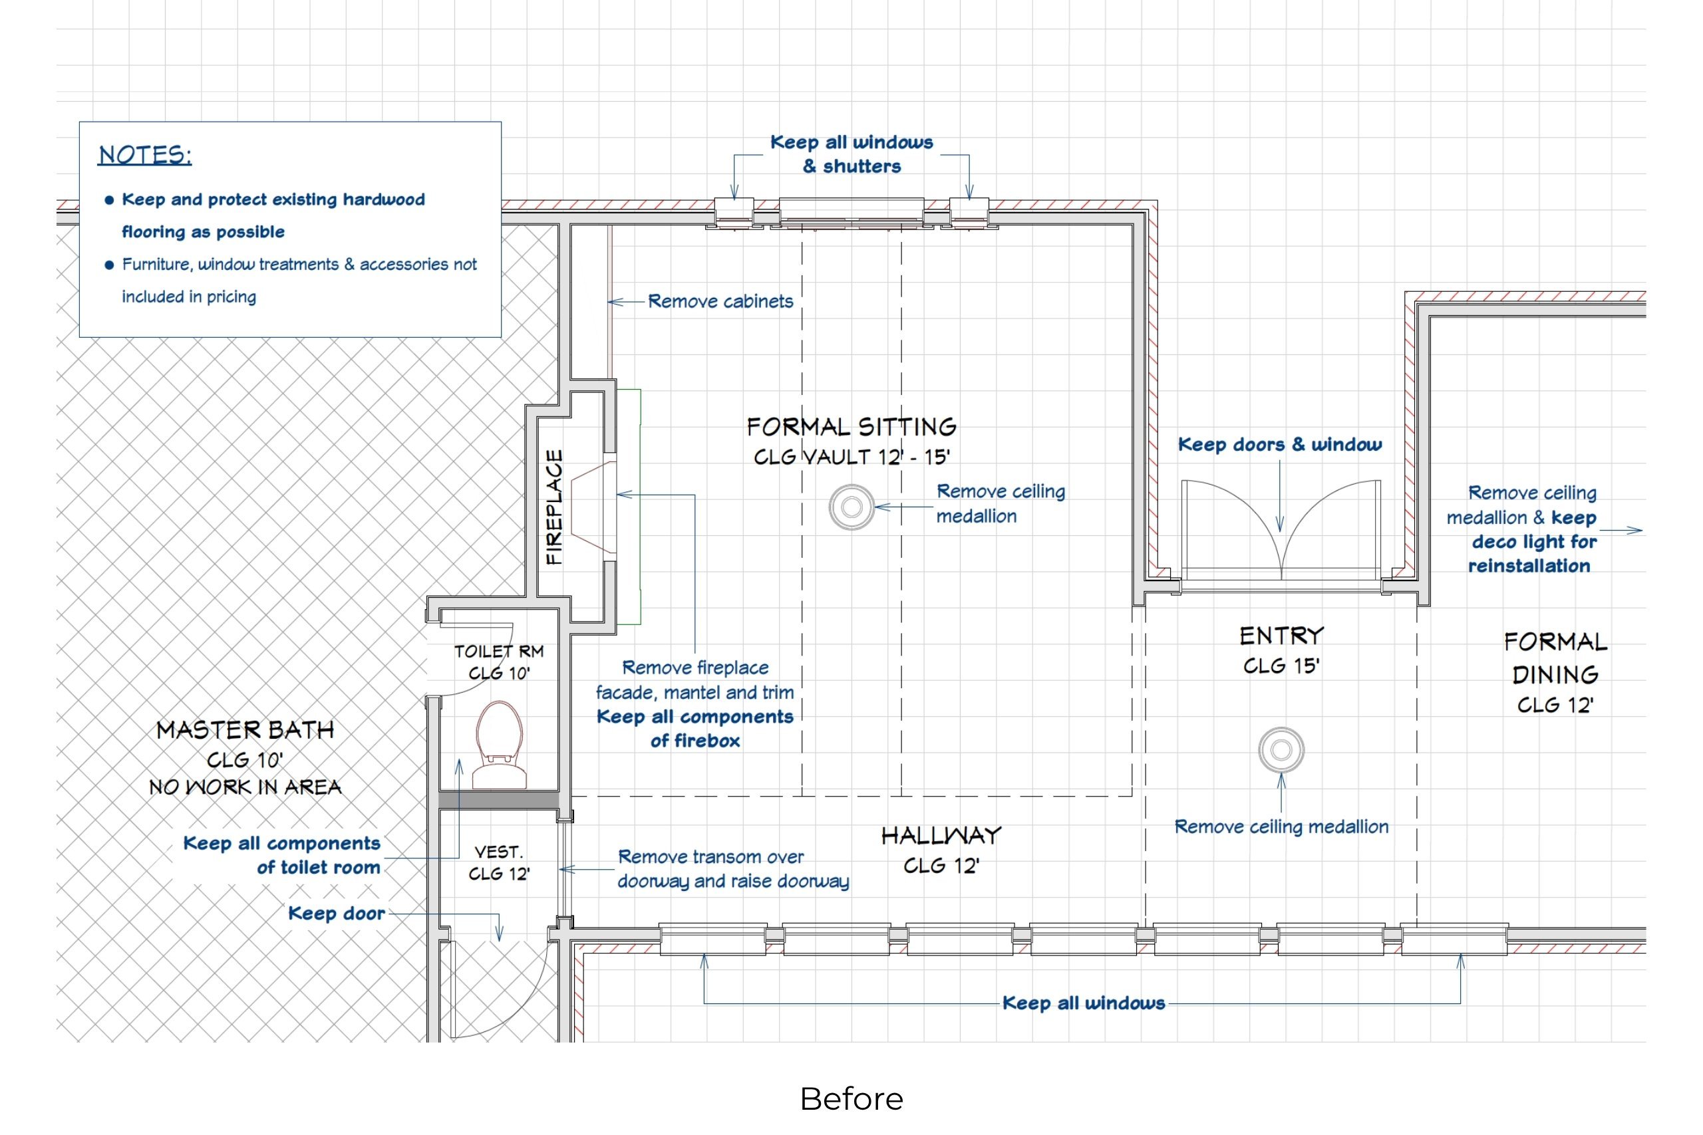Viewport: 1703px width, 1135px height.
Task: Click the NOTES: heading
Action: [145, 155]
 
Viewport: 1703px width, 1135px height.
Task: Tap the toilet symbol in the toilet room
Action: [500, 742]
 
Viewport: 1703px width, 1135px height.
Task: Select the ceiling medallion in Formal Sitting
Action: [851, 507]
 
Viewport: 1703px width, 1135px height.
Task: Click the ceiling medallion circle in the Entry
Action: [1281, 750]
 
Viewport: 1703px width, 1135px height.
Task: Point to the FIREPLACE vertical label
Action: [554, 507]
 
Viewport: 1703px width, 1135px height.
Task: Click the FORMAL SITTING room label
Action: [851, 426]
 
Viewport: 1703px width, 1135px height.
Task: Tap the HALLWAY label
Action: [941, 836]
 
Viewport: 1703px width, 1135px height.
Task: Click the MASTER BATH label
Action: [245, 729]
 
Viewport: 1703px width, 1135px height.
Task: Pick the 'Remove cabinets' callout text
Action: [720, 301]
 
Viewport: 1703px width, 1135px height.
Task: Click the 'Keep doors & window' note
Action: [1279, 444]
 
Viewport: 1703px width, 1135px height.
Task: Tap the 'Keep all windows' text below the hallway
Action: [1083, 1003]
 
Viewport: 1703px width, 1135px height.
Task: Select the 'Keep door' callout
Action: [337, 914]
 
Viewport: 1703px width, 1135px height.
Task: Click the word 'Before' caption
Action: [851, 1099]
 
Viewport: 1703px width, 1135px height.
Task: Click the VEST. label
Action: [498, 852]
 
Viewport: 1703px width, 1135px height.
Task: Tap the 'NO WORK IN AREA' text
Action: [245, 787]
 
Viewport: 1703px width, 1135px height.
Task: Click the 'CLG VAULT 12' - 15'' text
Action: [851, 457]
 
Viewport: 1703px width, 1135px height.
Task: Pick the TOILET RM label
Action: [499, 652]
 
